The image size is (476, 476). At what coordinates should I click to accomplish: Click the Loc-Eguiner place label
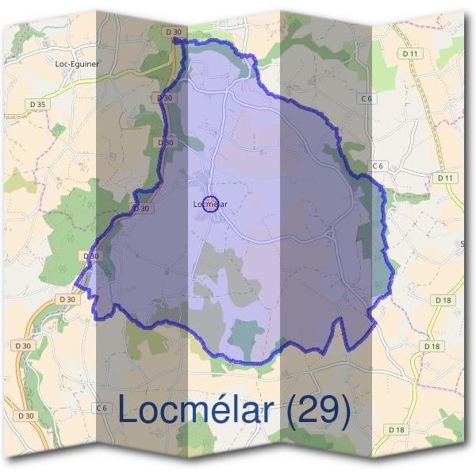coord(78,64)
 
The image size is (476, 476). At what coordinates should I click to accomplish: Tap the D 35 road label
coord(36,104)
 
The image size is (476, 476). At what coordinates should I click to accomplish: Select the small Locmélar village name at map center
coord(210,205)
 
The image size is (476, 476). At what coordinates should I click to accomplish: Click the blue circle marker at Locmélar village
coord(210,204)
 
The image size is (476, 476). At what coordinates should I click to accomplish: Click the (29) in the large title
coord(317,410)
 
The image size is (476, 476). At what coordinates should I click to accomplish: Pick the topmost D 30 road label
coord(175,31)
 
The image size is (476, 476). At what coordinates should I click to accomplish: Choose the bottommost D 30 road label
coord(25,415)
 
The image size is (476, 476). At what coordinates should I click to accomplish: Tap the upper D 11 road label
coord(410,53)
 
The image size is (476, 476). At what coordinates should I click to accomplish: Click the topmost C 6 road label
coord(366,98)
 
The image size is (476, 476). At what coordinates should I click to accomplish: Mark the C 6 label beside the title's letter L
coord(101,408)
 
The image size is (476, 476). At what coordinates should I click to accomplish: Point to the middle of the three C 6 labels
coord(378,166)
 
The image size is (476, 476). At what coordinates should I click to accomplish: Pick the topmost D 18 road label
coord(442,300)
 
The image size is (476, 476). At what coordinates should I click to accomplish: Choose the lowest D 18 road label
coord(397,429)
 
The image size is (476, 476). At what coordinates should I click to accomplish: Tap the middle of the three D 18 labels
coord(432,347)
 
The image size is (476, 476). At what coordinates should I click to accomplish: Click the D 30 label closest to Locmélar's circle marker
coord(140,209)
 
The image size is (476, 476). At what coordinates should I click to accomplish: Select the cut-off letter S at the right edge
coord(463,244)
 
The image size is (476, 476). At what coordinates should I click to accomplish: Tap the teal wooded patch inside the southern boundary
coord(246,336)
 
